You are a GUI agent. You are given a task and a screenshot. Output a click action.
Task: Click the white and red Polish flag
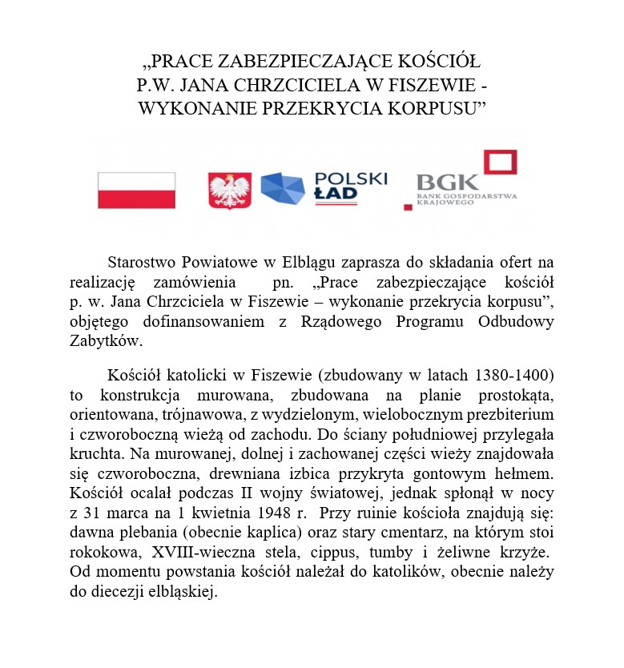[136, 190]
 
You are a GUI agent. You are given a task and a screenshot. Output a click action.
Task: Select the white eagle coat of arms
[230, 191]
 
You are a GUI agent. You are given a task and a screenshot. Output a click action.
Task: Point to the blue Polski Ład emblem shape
[283, 190]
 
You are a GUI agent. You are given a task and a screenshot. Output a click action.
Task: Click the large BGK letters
[447, 182]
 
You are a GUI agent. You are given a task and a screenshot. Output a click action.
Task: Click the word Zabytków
[105, 340]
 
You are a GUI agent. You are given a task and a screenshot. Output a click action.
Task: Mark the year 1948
[248, 510]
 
